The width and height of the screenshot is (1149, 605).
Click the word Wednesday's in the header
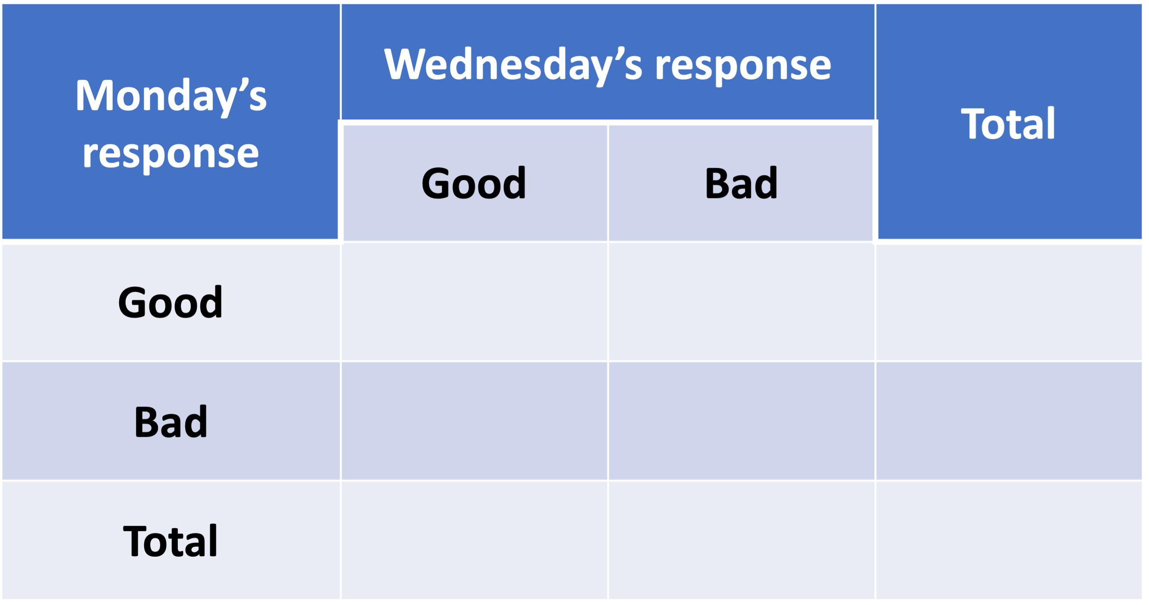click(x=513, y=65)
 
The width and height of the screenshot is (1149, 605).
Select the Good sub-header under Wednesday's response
click(x=473, y=183)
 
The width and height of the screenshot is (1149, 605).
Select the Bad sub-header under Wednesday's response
click(x=741, y=183)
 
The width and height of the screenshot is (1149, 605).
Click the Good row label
click(x=170, y=302)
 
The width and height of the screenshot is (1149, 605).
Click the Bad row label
click(x=171, y=421)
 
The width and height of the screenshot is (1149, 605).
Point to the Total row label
click(x=170, y=541)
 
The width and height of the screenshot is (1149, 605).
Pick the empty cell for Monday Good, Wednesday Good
click(x=474, y=302)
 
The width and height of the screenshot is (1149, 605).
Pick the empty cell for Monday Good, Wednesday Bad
click(x=741, y=302)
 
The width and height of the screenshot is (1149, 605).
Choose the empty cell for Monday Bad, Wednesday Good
click(x=474, y=421)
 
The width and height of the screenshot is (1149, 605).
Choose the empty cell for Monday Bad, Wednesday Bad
click(x=741, y=421)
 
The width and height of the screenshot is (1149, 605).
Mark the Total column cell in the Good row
click(x=1010, y=302)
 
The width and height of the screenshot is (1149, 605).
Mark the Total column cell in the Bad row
click(x=1010, y=421)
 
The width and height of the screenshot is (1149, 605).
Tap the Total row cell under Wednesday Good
click(x=474, y=540)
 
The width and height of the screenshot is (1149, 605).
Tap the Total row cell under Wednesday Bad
click(x=741, y=540)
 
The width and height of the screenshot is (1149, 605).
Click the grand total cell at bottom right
click(x=1010, y=540)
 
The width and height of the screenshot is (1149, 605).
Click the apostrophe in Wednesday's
click(x=619, y=53)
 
